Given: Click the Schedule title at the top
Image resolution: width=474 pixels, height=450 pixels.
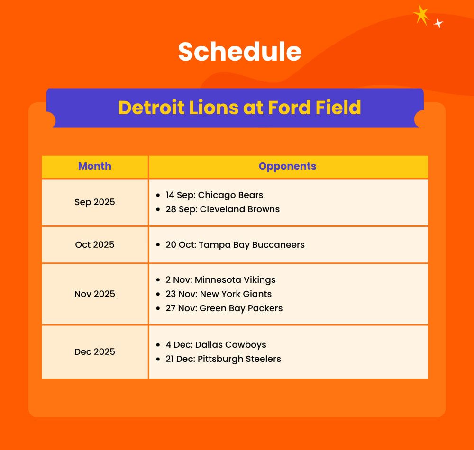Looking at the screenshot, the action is [240, 52].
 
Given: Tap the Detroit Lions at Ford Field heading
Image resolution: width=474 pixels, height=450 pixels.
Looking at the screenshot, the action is [240, 108].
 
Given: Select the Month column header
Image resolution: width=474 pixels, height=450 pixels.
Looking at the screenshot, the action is [95, 166].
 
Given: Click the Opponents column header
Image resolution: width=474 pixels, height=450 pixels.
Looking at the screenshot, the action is [288, 166].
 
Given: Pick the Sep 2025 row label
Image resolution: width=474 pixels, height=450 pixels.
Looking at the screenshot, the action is [95, 202].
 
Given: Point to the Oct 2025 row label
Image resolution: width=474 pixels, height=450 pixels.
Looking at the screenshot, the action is [95, 244].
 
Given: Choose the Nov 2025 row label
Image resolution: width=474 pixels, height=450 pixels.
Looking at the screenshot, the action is [95, 294].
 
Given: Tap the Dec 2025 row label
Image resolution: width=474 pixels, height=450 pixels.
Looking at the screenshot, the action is [95, 351].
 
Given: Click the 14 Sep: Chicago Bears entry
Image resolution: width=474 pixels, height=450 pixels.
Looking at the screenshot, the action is [214, 195].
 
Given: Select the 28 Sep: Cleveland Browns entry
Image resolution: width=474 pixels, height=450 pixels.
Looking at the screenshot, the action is [222, 209].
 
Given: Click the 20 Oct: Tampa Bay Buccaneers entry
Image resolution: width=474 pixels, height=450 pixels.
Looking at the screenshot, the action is [235, 244].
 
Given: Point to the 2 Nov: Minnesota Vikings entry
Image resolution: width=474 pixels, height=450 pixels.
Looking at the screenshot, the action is [221, 280].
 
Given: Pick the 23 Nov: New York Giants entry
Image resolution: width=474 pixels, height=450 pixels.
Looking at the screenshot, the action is [219, 294].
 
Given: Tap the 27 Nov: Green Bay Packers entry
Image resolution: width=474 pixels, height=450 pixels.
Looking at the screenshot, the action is [224, 308].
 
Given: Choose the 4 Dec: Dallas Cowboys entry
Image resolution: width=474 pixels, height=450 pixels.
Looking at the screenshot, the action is [216, 344].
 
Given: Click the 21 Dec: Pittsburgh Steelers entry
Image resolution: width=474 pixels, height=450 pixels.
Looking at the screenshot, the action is [223, 359].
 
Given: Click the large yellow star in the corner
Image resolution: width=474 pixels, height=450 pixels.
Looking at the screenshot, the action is [422, 15].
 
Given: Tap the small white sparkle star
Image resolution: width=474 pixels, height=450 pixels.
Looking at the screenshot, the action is [438, 23].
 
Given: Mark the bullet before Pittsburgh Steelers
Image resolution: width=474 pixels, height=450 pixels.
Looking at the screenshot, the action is [158, 359].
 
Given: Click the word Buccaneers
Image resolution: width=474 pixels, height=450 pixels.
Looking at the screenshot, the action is [278, 244].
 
